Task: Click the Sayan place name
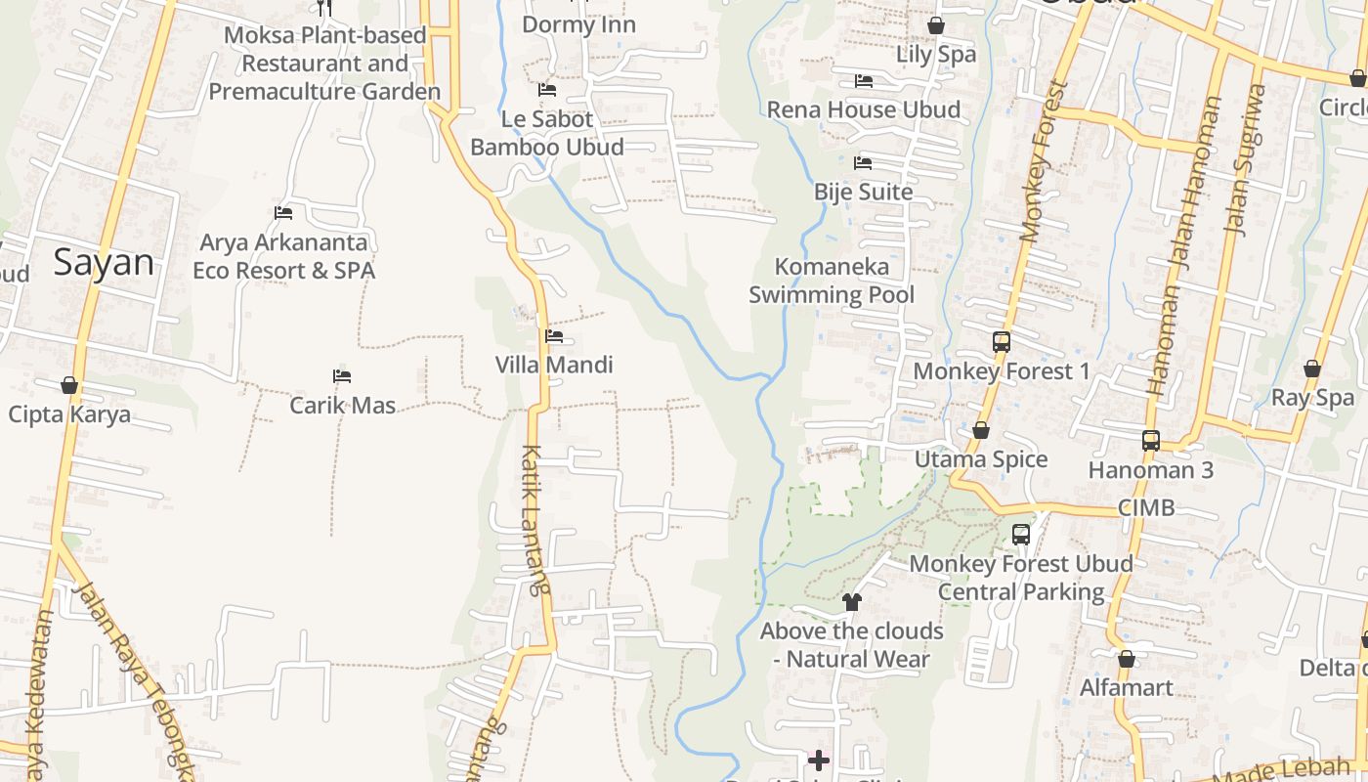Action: [104, 262]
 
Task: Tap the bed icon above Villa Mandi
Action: [554, 336]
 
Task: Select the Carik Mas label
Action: [342, 404]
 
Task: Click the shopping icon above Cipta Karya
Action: [69, 385]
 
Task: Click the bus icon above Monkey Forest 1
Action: [1001, 342]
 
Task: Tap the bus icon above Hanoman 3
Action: [1151, 441]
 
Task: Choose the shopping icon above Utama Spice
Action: [981, 430]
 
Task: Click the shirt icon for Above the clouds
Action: [851, 602]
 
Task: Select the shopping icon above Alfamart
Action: [1127, 659]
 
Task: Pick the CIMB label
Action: [1146, 507]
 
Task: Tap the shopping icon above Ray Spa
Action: [1311, 369]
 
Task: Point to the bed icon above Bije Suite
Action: [863, 162]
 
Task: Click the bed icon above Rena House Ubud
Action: [863, 80]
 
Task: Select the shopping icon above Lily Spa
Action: [935, 25]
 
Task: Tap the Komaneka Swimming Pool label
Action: [832, 281]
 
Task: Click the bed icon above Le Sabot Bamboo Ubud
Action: [547, 90]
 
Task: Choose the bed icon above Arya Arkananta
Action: [283, 212]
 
